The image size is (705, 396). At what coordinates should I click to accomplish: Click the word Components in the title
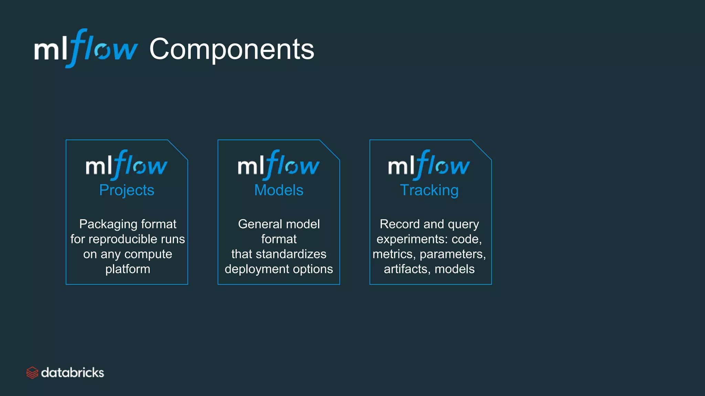[x=232, y=49]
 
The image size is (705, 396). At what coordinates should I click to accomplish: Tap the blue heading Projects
[x=127, y=190]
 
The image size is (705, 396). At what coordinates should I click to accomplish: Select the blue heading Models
[x=278, y=190]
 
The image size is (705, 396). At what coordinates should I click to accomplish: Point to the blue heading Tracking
[x=429, y=190]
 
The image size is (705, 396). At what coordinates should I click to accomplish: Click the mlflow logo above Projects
[x=126, y=165]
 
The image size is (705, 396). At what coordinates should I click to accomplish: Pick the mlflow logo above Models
[x=278, y=165]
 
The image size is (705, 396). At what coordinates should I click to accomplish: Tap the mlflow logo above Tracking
[x=429, y=165]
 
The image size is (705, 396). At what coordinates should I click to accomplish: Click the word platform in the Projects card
[x=128, y=269]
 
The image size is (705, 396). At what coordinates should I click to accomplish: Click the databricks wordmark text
[x=72, y=373]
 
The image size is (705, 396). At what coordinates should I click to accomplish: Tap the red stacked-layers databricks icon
[x=32, y=373]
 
